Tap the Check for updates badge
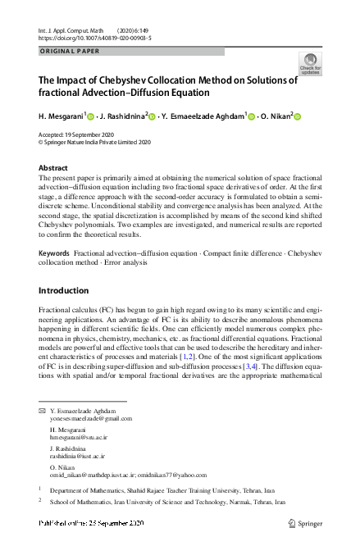[310, 63]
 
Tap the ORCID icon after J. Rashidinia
[152, 116]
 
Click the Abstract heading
[53, 167]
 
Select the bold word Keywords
[54, 253]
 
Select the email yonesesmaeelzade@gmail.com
[91, 418]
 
